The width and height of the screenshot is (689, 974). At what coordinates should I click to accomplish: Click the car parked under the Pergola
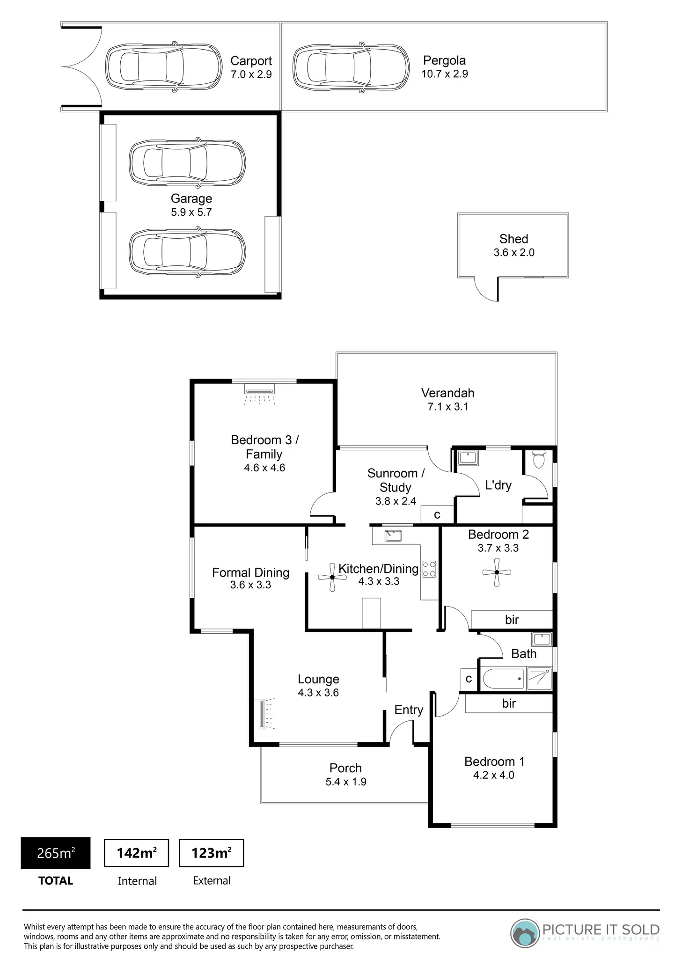click(x=351, y=67)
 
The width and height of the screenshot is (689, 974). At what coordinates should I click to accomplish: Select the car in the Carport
click(x=163, y=66)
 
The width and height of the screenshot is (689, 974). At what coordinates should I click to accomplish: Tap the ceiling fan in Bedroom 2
click(x=496, y=572)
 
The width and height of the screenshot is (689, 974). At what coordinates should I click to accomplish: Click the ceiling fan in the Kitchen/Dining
click(x=332, y=577)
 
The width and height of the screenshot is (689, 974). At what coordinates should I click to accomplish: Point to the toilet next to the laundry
click(x=539, y=458)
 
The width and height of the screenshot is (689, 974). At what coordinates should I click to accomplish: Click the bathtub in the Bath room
click(x=503, y=679)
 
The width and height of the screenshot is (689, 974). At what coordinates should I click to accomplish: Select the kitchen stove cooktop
click(x=429, y=569)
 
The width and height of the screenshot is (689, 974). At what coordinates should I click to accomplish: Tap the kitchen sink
click(x=393, y=535)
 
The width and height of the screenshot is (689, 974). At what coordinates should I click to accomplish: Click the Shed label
click(x=513, y=239)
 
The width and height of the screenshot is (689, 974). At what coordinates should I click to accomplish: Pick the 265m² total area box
click(x=56, y=853)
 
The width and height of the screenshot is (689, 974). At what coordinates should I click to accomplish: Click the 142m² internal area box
click(x=136, y=853)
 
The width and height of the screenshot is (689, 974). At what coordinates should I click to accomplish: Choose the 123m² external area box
click(x=212, y=853)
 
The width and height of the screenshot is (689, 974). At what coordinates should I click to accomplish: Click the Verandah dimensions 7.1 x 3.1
click(x=448, y=407)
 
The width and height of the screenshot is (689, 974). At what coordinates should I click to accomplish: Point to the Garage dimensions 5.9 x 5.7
click(x=191, y=212)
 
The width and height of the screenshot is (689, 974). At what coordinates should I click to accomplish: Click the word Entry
click(x=409, y=710)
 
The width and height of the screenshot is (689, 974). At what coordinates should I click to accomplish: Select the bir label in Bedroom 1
click(x=509, y=703)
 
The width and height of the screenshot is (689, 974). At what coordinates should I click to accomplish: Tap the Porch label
click(x=345, y=768)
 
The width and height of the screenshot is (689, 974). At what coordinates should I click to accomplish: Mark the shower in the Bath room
click(x=539, y=679)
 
